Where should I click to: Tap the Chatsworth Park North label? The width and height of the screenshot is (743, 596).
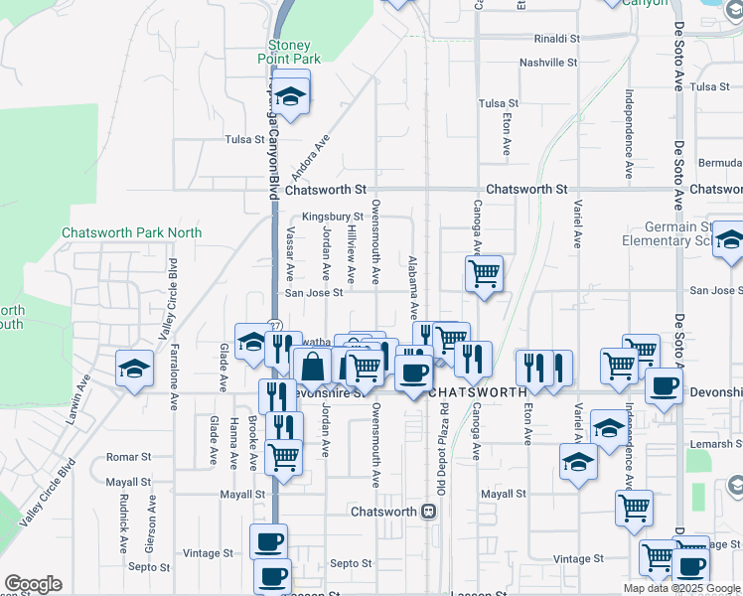tap(131, 232)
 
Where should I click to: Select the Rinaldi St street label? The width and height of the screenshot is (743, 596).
tap(556, 38)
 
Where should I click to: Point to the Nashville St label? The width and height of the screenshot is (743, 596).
tap(548, 63)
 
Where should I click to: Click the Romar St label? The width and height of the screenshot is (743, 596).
tap(127, 455)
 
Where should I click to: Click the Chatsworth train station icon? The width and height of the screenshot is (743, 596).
tap(429, 513)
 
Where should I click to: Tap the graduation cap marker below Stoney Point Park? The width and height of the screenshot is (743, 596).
tap(291, 96)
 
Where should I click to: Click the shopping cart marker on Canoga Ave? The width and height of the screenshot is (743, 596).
tap(484, 273)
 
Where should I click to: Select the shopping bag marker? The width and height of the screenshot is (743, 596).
tap(312, 366)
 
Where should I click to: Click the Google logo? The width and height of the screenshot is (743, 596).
tap(33, 584)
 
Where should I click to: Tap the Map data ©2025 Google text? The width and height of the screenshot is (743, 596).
tap(681, 588)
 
